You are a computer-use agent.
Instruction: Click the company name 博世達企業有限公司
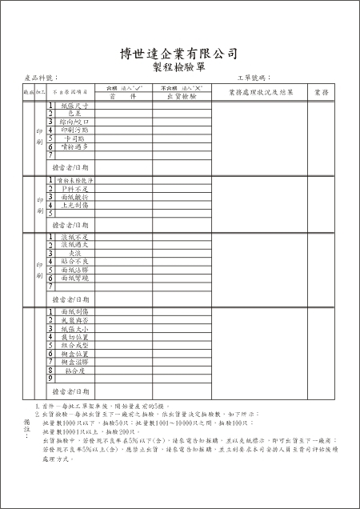pos(179,54)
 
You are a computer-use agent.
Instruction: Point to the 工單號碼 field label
pos(254,78)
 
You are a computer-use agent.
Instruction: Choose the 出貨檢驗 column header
pos(182,95)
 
